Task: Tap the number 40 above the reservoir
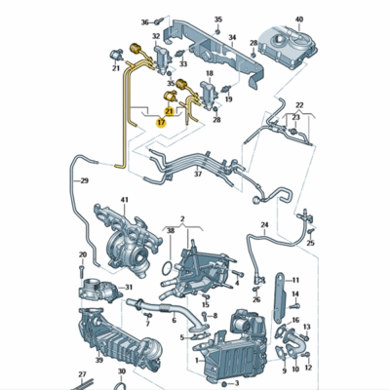click(x=299, y=19)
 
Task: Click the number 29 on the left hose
click(x=84, y=181)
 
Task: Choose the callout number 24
click(x=263, y=225)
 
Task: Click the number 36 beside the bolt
click(x=144, y=20)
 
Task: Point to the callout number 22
click(x=298, y=104)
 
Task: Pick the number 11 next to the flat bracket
click(x=296, y=281)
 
